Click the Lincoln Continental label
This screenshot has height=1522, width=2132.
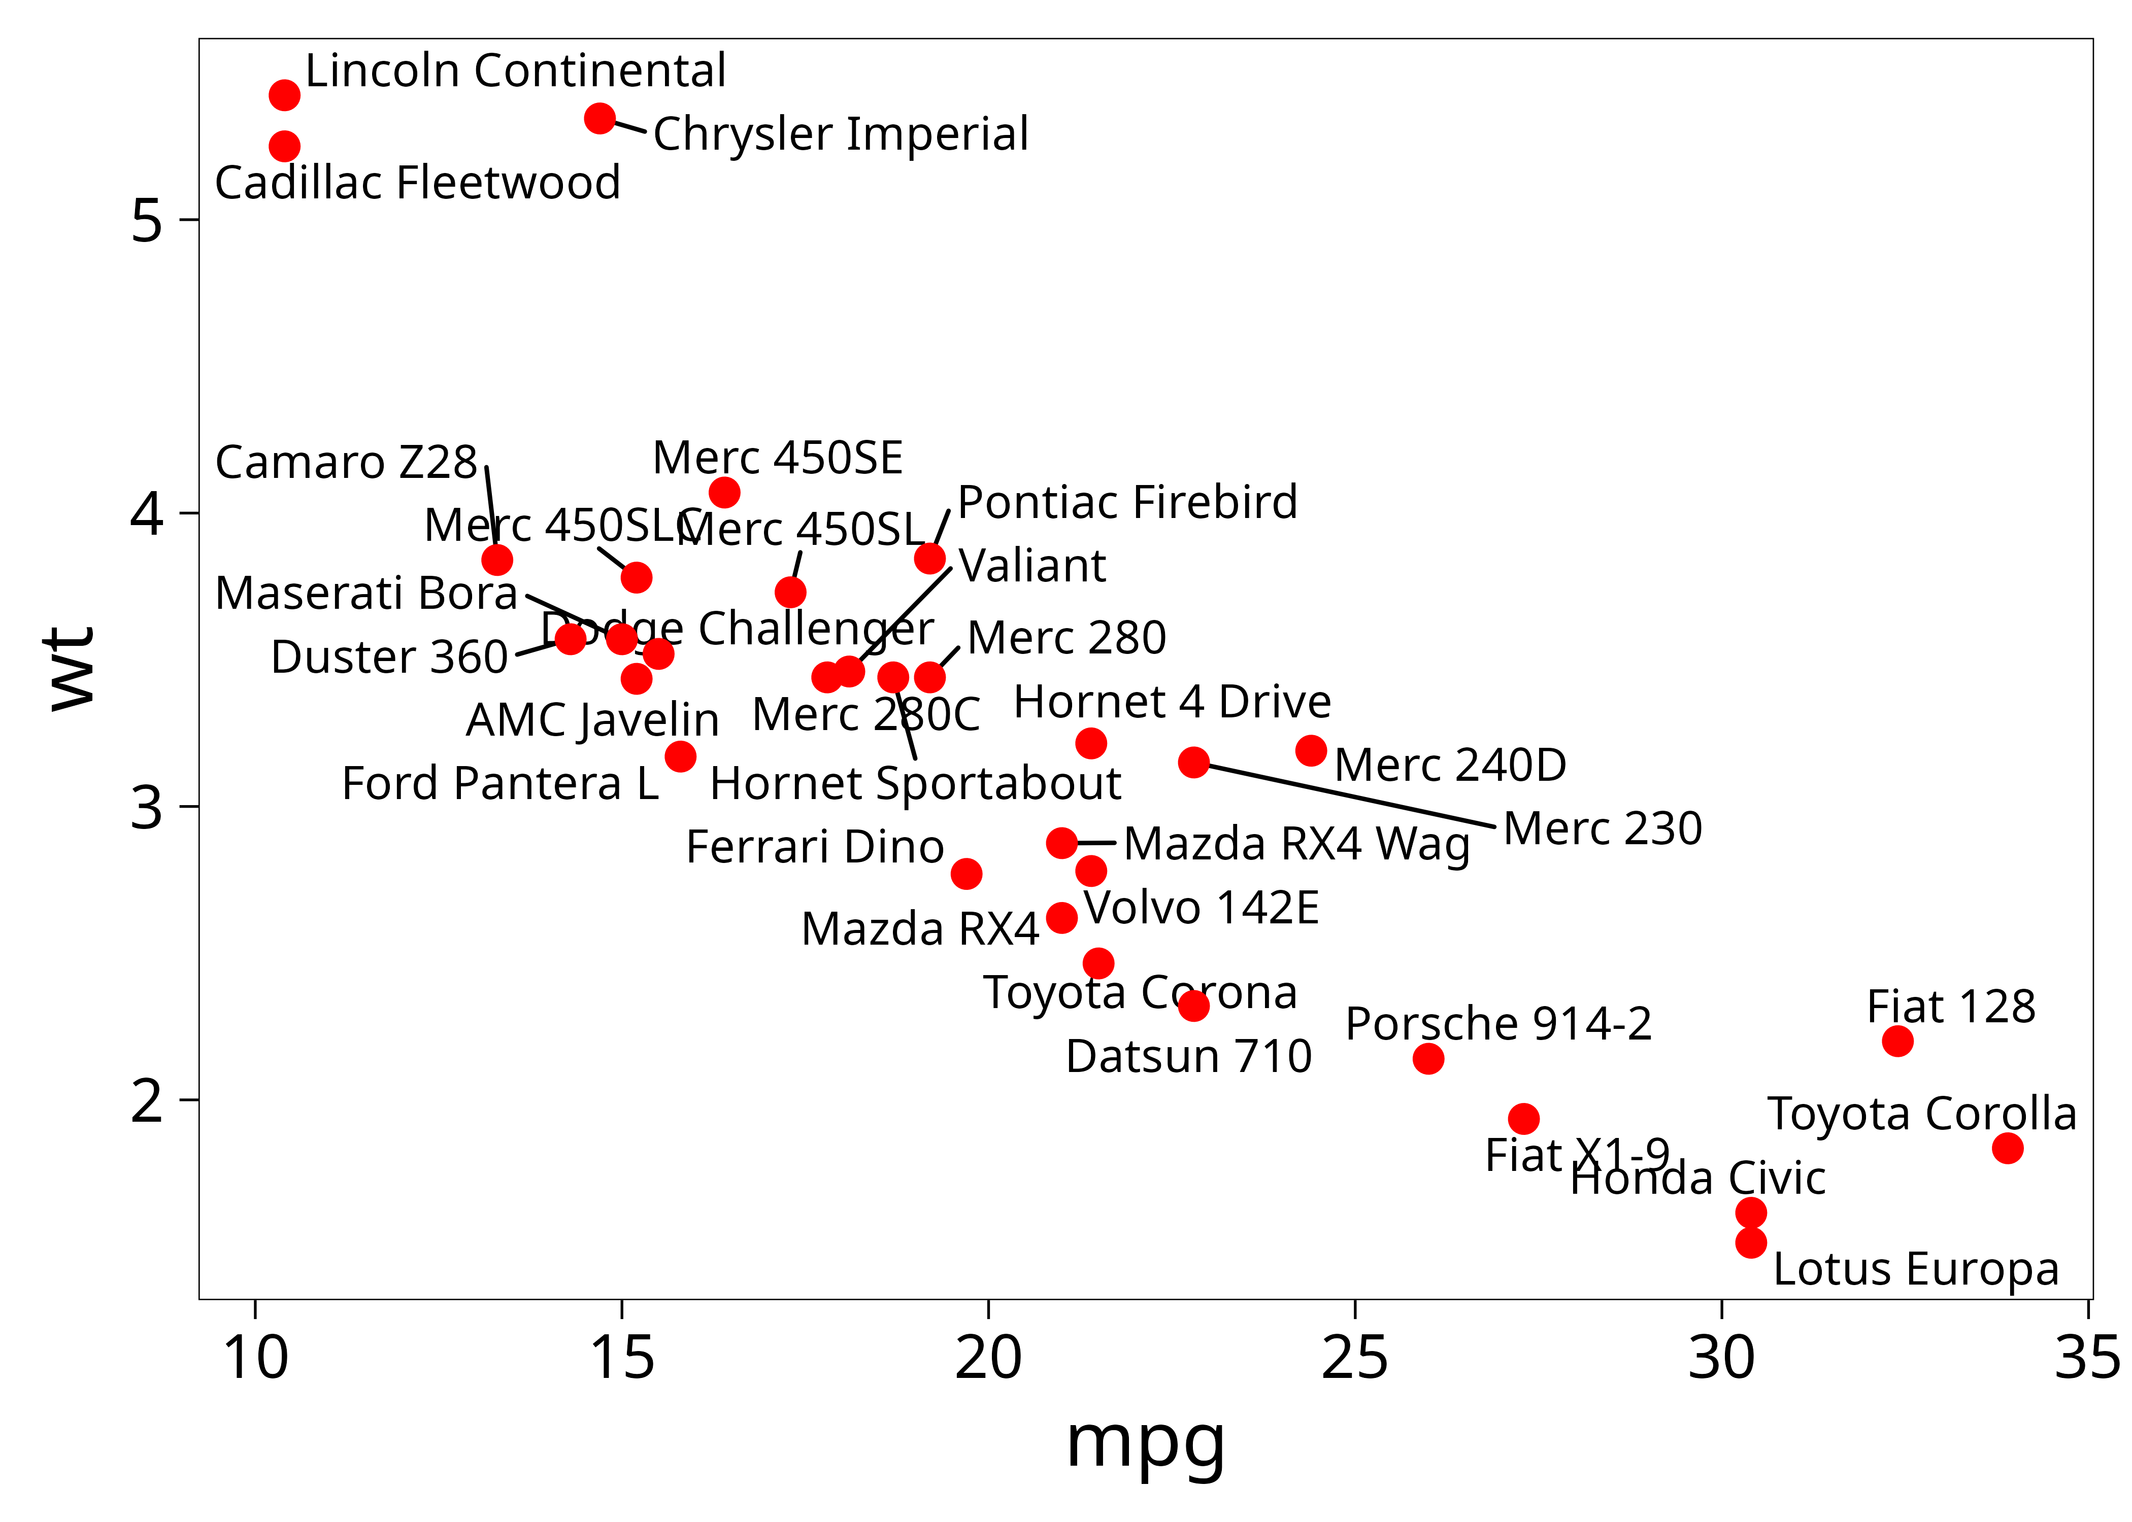pos(516,71)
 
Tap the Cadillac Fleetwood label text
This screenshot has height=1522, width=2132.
pos(417,183)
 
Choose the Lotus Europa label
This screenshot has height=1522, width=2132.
pos(1915,1270)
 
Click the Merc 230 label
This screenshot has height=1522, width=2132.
pos(1602,828)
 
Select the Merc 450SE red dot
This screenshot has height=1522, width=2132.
pos(724,492)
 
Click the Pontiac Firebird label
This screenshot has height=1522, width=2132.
pos(1127,502)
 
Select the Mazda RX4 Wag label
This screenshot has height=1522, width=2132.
pos(1296,844)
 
